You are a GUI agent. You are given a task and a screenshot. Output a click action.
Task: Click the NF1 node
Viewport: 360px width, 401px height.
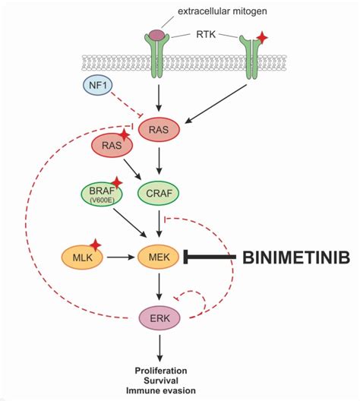pyautogui.click(x=98, y=85)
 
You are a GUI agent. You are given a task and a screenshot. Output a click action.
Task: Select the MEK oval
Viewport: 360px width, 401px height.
pyautogui.click(x=159, y=257)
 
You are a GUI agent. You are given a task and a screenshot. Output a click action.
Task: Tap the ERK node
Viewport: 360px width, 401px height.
pyautogui.click(x=159, y=318)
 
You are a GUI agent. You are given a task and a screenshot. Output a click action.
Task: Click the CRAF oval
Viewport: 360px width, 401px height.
pyautogui.click(x=159, y=194)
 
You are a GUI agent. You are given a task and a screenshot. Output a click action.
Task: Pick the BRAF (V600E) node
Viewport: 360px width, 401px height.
pyautogui.click(x=102, y=194)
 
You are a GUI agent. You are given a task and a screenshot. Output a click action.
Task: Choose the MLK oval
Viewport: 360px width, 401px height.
pyautogui.click(x=82, y=257)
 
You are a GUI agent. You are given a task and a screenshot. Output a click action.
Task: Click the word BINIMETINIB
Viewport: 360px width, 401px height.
pyautogui.click(x=296, y=257)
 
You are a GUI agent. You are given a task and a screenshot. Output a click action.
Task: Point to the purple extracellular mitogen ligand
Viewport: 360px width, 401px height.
pyautogui.click(x=157, y=34)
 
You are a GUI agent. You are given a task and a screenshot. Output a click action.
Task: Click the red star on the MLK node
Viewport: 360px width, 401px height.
pyautogui.click(x=96, y=245)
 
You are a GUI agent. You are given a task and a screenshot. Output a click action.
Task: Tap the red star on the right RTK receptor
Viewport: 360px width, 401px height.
pyautogui.click(x=262, y=38)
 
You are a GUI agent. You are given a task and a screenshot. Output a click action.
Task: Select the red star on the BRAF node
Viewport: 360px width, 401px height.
pyautogui.click(x=117, y=182)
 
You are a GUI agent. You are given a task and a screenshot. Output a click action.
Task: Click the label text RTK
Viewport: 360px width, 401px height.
pyautogui.click(x=206, y=34)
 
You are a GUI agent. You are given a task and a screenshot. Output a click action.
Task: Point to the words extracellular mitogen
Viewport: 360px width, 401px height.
pyautogui.click(x=223, y=11)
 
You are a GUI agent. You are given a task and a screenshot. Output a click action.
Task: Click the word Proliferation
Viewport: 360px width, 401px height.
pyautogui.click(x=161, y=371)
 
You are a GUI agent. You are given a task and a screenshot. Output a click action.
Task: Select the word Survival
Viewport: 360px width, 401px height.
pyautogui.click(x=161, y=380)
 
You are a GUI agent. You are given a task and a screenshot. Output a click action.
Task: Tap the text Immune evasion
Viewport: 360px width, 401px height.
pyautogui.click(x=161, y=390)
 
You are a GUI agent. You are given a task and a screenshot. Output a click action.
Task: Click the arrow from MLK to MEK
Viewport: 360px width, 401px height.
pyautogui.click(x=121, y=257)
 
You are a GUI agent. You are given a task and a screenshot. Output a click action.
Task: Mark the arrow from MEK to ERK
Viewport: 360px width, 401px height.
pyautogui.click(x=159, y=287)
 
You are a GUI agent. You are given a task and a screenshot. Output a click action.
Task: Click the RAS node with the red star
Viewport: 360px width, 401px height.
pyautogui.click(x=112, y=145)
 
